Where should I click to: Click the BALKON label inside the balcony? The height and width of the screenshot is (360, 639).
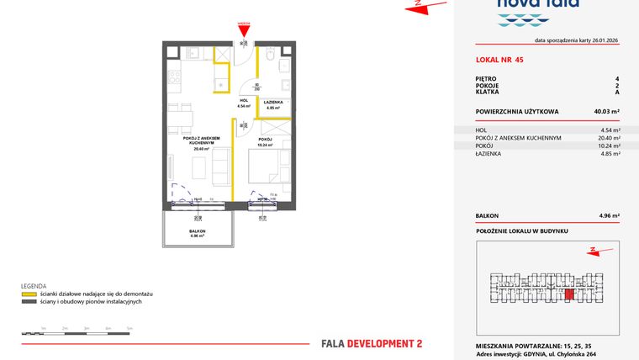pos(198,230)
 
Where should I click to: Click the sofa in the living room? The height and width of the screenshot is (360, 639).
pos(219,167)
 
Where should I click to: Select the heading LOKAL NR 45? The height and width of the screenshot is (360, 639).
pos(499,60)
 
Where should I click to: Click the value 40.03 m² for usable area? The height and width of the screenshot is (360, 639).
pos(605,110)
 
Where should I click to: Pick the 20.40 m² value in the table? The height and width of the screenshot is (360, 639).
pos(608,137)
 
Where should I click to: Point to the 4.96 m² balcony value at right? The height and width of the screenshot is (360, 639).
pos(608,216)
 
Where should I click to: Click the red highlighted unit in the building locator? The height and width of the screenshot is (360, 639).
pos(568,294)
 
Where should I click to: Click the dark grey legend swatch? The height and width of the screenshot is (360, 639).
pos(29,301)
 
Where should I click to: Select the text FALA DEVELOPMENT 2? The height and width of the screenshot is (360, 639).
pos(372,343)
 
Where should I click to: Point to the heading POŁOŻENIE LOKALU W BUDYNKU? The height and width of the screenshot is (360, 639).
pos(521,230)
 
